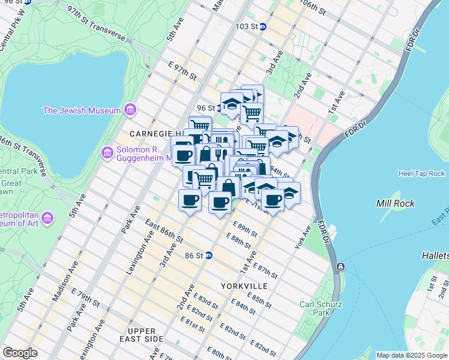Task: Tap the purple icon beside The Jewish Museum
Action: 129,110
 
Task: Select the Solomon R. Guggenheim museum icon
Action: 107,154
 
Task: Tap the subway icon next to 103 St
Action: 271,27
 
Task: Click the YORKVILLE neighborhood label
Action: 244,286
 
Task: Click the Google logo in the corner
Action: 20,353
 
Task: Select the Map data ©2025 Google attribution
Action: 412,355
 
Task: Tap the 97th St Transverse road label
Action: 96,25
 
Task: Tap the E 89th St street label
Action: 245,230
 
